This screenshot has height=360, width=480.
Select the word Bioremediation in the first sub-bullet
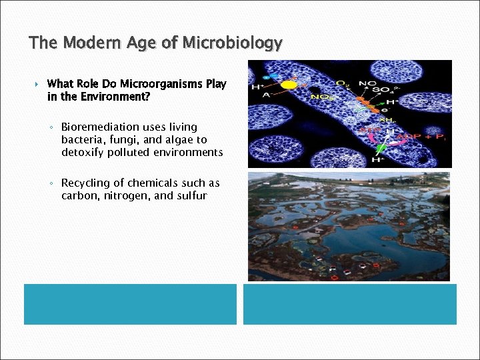100,127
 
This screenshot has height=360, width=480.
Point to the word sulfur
190,196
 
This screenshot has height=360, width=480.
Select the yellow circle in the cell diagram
289,85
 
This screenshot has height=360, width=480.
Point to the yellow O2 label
341,84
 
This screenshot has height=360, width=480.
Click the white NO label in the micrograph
367,84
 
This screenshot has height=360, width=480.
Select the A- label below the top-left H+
256,95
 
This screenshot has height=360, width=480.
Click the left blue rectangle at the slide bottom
130,304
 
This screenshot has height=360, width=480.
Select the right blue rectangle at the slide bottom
349,304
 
